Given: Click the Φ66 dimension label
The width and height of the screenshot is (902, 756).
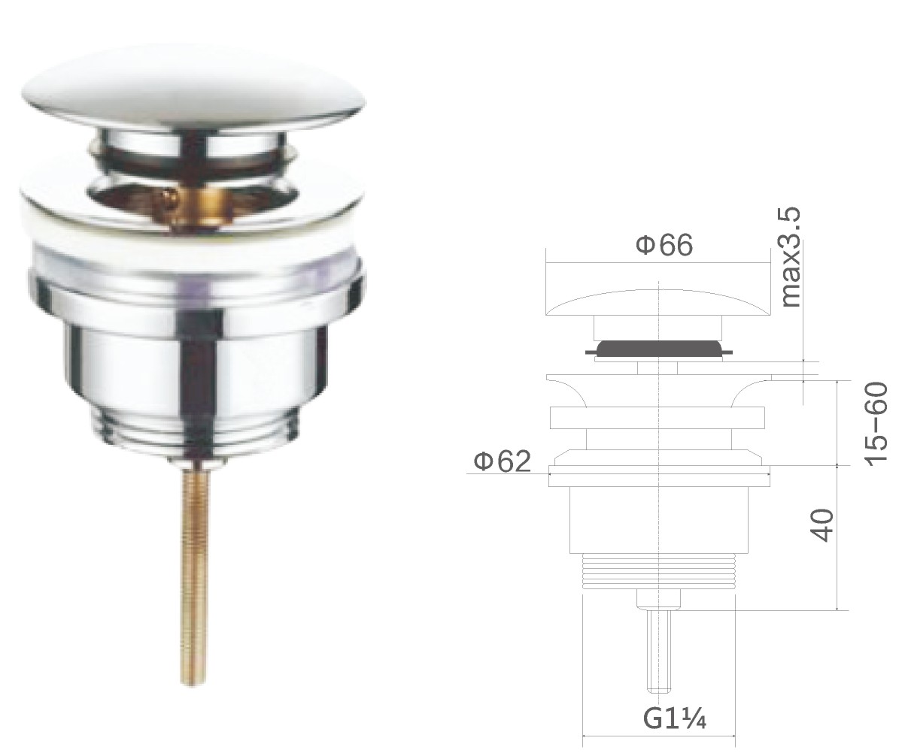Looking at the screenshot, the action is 664,246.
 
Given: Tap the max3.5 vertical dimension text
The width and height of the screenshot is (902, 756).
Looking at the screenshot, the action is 791,257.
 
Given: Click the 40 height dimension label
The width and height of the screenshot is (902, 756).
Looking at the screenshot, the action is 822,524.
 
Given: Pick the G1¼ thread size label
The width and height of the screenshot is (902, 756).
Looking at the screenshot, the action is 673,718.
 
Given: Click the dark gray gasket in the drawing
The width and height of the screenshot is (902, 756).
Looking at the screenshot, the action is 658,348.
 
